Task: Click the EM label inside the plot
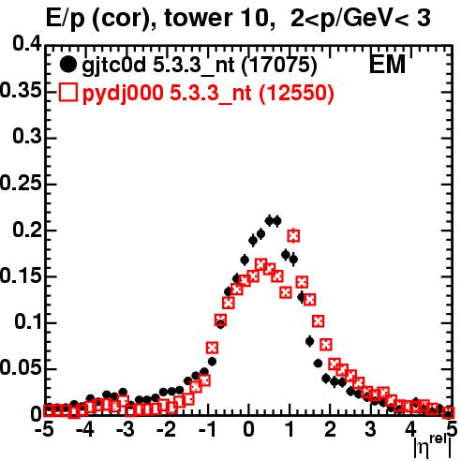point(387,65)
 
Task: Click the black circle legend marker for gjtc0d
point(67,65)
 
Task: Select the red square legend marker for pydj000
point(67,93)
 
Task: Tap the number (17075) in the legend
point(279,65)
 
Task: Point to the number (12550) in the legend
point(296,93)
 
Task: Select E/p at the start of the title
point(66,19)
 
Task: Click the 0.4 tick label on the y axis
point(27,44)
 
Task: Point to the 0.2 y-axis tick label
point(27,230)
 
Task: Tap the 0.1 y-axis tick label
point(27,322)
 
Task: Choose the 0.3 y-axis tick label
point(27,137)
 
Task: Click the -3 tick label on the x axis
point(126,430)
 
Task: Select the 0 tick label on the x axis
point(248,430)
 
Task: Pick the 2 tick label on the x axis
point(330,430)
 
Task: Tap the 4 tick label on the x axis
point(411,430)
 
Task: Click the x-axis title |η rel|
point(433,447)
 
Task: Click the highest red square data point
point(293,236)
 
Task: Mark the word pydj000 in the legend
point(123,94)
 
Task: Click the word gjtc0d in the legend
point(113,66)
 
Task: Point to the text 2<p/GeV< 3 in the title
point(361,19)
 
